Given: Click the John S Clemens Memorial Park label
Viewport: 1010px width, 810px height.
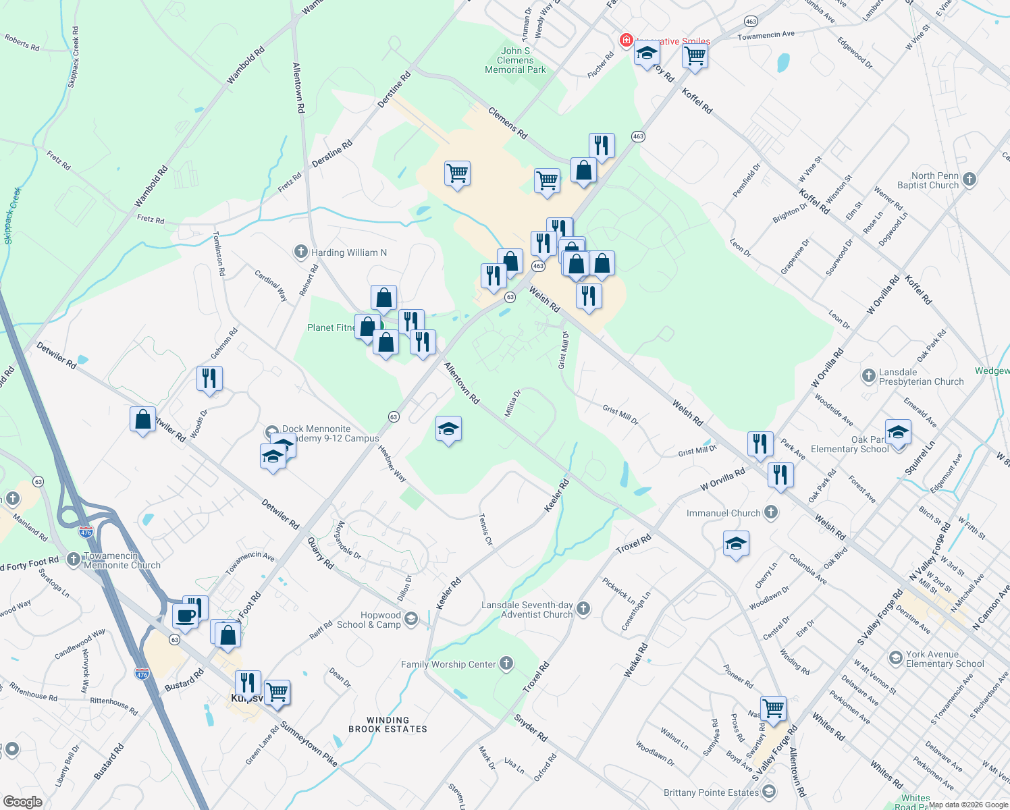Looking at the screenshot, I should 515,60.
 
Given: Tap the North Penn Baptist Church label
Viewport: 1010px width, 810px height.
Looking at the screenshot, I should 928,180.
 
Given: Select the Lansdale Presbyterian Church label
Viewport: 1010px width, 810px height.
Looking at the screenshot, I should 921,377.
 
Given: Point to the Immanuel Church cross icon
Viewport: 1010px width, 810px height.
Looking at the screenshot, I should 771,512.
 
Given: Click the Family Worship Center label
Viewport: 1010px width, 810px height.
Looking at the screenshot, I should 448,664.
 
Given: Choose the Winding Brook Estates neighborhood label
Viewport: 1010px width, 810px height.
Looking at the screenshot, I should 388,725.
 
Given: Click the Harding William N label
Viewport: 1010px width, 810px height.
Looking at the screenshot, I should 348,252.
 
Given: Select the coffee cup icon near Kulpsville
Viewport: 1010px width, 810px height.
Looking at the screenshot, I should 185,616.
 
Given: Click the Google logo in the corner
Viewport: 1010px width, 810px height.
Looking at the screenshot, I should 22,802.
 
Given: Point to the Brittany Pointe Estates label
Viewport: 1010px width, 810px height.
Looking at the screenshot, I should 711,792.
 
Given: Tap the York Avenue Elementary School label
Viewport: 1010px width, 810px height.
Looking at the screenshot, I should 945,659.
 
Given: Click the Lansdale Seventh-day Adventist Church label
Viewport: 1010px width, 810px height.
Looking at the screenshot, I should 527,610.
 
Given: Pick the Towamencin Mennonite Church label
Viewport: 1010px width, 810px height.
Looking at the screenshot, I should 122,560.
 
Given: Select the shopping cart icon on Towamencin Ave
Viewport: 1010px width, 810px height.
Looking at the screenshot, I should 695,55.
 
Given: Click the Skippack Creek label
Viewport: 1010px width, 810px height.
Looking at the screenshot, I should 13,215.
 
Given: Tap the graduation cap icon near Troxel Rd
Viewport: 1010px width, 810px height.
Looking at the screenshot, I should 735,543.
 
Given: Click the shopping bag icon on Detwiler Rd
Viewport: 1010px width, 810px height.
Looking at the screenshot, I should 142,420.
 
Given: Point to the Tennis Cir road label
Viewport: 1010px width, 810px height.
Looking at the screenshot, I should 485,529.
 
